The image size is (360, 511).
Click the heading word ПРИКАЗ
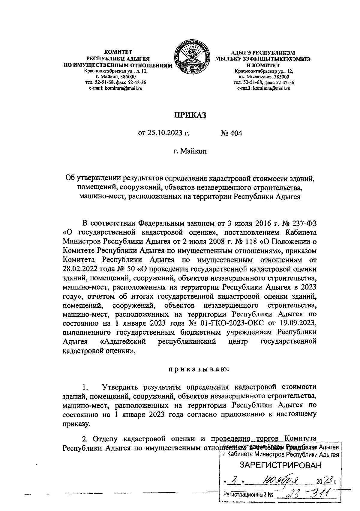(x=189, y=115)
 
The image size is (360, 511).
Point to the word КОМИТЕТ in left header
(x=118, y=53)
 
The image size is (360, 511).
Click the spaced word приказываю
(x=198, y=369)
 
